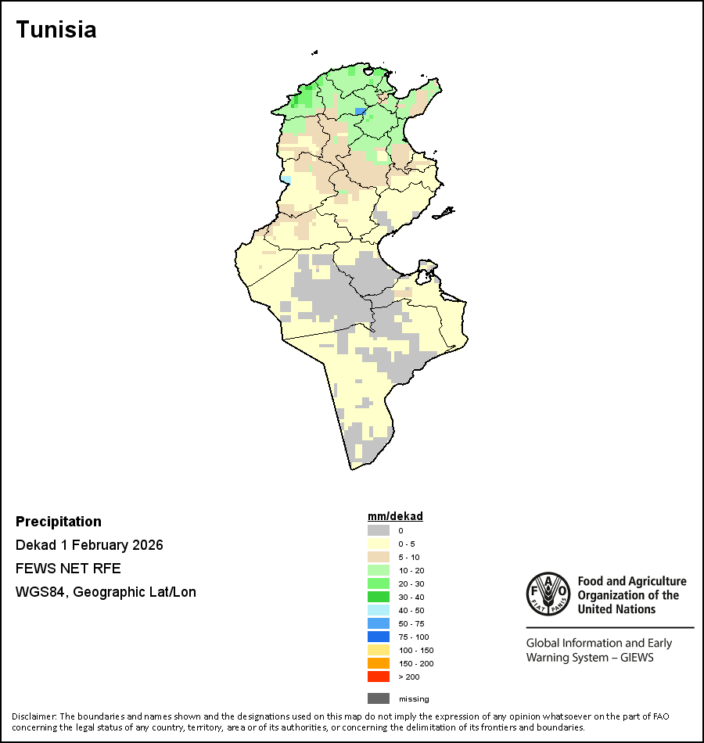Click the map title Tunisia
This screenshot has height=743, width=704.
coord(56,30)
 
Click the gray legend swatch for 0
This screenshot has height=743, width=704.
coord(379,530)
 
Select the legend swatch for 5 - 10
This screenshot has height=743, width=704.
coord(379,557)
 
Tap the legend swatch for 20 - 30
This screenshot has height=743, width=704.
coord(379,583)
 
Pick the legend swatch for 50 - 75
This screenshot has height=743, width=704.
coord(379,623)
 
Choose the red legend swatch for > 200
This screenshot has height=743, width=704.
coord(379,677)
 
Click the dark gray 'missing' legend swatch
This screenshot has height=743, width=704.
coord(379,698)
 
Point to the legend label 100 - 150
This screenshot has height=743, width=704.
coord(415,650)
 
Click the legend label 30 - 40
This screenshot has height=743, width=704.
coord(413,597)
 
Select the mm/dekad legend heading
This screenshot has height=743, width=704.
coord(395,516)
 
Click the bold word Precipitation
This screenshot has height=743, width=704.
coord(59,522)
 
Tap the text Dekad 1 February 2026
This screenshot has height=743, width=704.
coord(89,545)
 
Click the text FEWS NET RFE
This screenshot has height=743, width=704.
coord(68,569)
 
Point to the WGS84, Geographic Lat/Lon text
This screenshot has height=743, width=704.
coord(106,592)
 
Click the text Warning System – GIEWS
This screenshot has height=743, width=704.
coord(590,657)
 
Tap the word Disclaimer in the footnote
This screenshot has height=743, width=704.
coord(34,716)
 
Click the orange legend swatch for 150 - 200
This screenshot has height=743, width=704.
coord(379,663)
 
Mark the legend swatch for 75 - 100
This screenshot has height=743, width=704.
coord(379,637)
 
